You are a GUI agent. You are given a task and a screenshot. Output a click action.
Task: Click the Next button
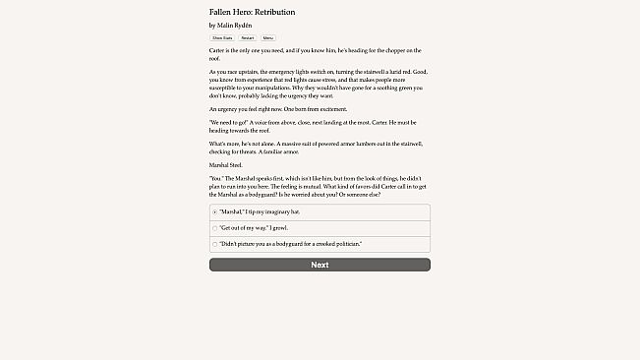pyautogui.click(x=320, y=265)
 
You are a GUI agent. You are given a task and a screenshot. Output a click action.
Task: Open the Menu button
pyautogui.click(x=268, y=37)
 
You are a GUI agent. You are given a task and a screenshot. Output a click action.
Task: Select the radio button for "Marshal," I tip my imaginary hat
pyautogui.click(x=215, y=211)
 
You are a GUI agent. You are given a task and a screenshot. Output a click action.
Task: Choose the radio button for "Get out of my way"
pyautogui.click(x=215, y=227)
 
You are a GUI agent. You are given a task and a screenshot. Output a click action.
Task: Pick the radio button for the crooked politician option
pyautogui.click(x=215, y=243)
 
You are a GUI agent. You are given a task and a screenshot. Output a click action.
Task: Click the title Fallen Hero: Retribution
pyautogui.click(x=252, y=12)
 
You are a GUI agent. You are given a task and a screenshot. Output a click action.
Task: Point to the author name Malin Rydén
pyautogui.click(x=238, y=25)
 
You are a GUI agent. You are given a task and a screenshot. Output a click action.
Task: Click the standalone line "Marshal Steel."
pyautogui.click(x=225, y=165)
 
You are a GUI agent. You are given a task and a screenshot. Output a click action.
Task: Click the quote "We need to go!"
pyautogui.click(x=227, y=121)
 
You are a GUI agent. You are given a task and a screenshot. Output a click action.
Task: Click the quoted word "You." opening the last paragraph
pyautogui.click(x=215, y=178)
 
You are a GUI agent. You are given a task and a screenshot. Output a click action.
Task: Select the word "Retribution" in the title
pyautogui.click(x=274, y=12)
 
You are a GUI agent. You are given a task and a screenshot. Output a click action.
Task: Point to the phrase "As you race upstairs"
pyautogui.click(x=233, y=72)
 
